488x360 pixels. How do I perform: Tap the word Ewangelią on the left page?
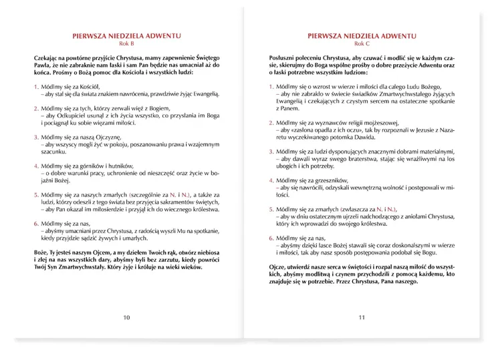point(201,94)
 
